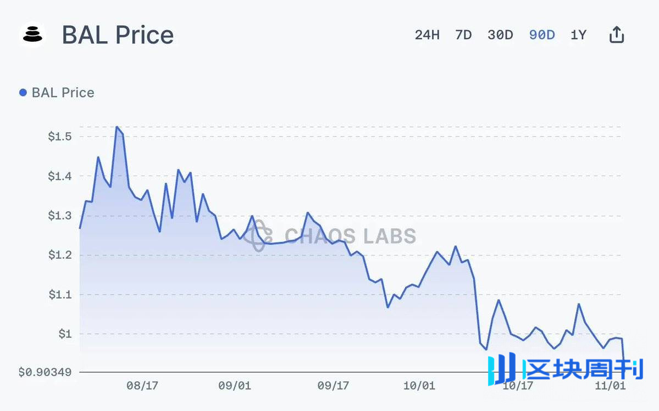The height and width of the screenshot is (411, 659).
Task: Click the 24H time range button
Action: point(427,35)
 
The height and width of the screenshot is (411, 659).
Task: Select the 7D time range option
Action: point(463,35)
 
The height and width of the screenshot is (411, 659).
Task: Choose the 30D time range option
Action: point(500,35)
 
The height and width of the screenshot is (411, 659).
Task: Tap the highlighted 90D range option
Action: point(542,35)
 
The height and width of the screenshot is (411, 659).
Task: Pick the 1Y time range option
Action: point(578,35)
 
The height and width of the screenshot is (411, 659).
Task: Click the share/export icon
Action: point(617,35)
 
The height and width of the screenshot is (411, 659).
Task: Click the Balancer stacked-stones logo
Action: point(33,35)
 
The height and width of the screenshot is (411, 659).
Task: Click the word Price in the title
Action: point(144,35)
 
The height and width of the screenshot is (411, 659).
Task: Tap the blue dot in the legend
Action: point(23,93)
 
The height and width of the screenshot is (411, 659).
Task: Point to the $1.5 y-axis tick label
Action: point(60,137)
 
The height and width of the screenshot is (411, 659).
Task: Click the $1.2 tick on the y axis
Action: point(60,255)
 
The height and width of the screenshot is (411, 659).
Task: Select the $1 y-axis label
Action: point(65,334)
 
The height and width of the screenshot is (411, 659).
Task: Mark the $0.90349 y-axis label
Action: point(45,372)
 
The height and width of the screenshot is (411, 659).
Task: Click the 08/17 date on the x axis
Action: point(142,386)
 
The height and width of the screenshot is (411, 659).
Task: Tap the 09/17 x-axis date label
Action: point(334,386)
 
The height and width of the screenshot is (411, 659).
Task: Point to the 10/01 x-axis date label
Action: point(419,386)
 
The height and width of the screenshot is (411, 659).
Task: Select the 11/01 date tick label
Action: point(610,386)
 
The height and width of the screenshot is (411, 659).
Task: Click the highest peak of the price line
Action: point(117,127)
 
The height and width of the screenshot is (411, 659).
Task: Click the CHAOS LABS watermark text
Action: point(350,236)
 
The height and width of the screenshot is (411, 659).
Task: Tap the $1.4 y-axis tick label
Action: point(60,176)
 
